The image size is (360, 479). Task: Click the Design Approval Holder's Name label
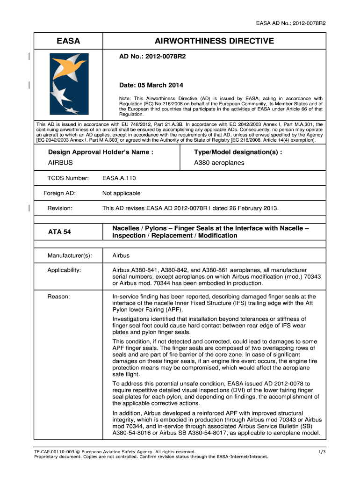point(101,152)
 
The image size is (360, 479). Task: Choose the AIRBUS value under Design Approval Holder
point(61,163)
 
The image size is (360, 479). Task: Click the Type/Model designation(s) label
point(238,152)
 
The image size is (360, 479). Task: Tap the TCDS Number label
point(68,178)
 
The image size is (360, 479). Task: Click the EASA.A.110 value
point(119,178)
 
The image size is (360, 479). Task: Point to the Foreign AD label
point(59,193)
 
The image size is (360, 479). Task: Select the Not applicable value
point(121,193)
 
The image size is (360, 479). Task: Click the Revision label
point(60,208)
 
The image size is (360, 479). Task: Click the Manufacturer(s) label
point(70,255)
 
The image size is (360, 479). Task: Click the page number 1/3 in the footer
point(322,451)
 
